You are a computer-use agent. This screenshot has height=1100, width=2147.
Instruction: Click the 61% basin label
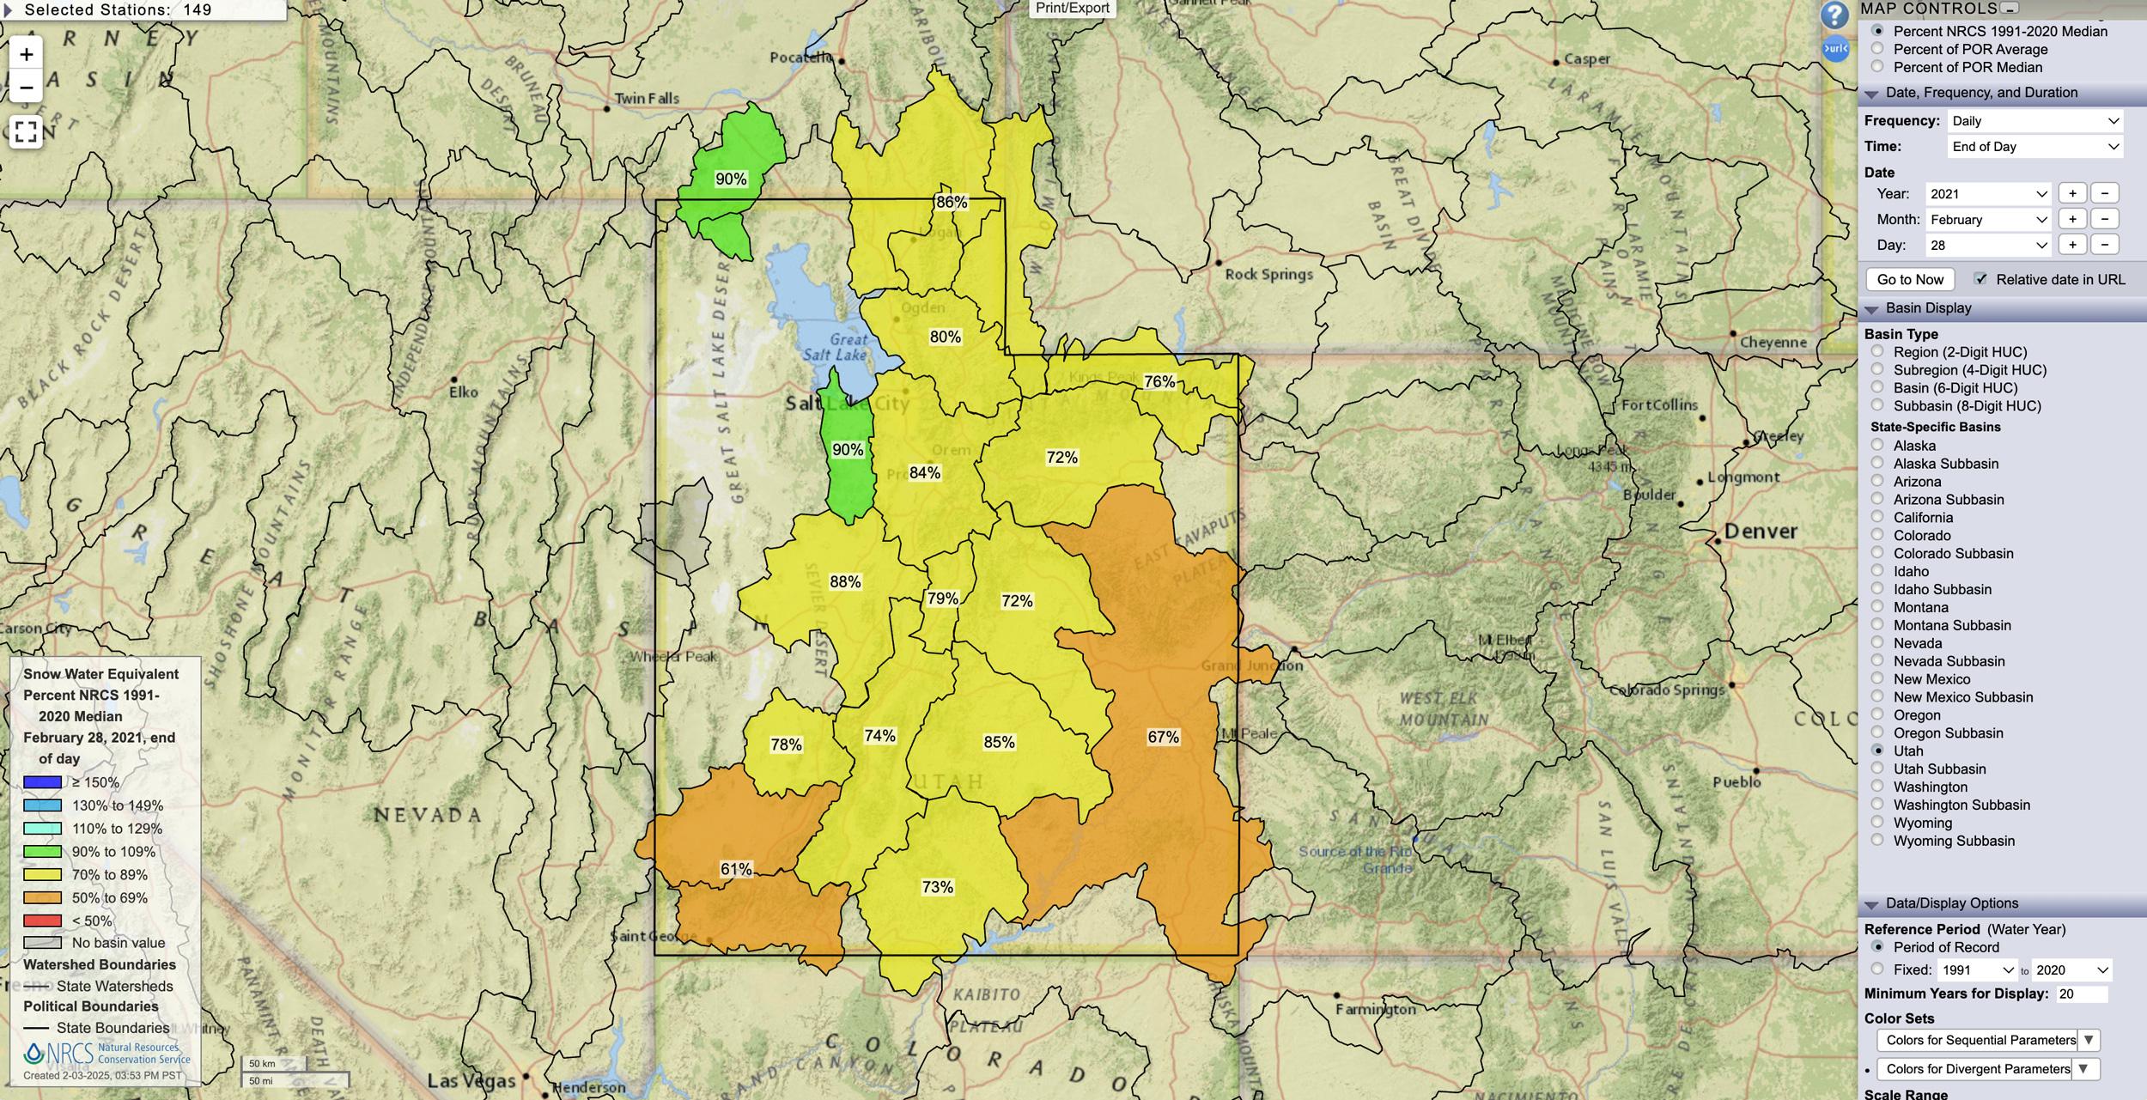(x=736, y=869)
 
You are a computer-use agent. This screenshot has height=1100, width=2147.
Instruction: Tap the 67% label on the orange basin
(x=1163, y=737)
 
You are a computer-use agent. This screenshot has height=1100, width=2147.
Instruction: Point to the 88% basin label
(x=845, y=582)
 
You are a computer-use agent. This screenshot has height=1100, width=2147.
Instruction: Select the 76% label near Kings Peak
(x=1159, y=381)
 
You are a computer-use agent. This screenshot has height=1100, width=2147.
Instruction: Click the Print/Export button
(x=1072, y=9)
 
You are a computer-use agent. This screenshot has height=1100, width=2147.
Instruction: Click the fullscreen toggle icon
(x=26, y=131)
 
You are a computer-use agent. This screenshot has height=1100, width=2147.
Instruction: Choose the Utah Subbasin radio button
(x=1877, y=769)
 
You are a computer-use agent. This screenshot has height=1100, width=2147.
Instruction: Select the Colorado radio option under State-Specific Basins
(x=1877, y=535)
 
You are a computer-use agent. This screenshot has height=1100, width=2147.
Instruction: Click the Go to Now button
(x=1910, y=279)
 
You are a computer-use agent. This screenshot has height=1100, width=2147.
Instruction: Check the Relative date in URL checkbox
(x=1980, y=279)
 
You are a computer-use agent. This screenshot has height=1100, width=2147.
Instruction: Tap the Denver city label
(x=1760, y=532)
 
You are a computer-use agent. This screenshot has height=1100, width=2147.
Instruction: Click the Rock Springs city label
(x=1268, y=275)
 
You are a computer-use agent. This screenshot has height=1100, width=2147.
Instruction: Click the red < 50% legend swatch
(x=42, y=921)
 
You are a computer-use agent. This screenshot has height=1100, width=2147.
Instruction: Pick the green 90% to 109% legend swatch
(x=42, y=852)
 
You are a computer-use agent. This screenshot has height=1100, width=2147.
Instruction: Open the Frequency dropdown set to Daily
(x=2034, y=121)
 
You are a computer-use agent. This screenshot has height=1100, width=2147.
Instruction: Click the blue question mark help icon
(x=1834, y=15)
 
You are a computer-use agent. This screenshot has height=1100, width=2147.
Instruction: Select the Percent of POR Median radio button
(x=1877, y=67)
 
